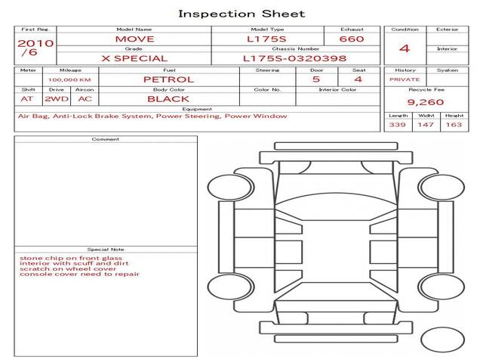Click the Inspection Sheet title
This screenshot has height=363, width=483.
coord(241,14)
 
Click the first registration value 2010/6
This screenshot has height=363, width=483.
coord(35,48)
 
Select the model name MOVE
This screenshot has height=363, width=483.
coord(134,39)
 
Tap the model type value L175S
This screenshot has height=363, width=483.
coord(266,39)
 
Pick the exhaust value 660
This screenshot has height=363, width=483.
coord(352,39)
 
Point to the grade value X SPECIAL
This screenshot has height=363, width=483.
coord(134,59)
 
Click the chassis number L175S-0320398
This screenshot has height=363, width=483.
coord(295,59)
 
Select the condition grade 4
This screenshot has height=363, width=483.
coord(405,48)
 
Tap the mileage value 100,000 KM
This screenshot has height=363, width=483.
coord(69,80)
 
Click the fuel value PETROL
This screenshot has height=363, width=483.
coord(169,79)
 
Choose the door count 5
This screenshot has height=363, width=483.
coord(316,79)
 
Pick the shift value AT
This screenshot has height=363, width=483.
coord(27,99)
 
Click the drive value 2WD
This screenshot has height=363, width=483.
coord(57,99)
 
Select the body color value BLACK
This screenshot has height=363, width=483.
coord(168,99)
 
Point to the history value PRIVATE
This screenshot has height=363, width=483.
coord(405,79)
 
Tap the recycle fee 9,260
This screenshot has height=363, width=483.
coord(426,102)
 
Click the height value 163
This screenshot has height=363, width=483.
coord(454,125)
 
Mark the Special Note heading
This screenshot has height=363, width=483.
coord(106,250)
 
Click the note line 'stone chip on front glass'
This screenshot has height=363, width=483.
coord(71,258)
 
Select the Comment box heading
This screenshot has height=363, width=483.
coord(106,139)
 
